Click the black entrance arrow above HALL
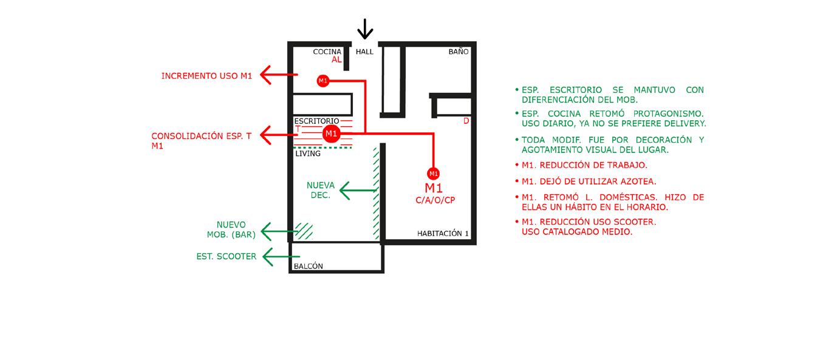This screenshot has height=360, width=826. pyautogui.click(x=364, y=29)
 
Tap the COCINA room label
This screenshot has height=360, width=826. pyautogui.click(x=327, y=52)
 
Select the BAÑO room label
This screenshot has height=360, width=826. pyautogui.click(x=459, y=52)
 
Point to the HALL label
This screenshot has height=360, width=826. pyautogui.click(x=364, y=52)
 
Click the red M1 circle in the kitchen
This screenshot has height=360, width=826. pyautogui.click(x=323, y=81)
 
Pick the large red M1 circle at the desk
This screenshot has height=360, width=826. pyautogui.click(x=331, y=133)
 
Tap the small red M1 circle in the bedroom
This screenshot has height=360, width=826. pyautogui.click(x=433, y=174)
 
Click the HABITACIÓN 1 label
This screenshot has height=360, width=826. pyautogui.click(x=443, y=234)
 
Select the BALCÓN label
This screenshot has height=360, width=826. pyautogui.click(x=309, y=266)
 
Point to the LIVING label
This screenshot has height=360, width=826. pyautogui.click(x=308, y=154)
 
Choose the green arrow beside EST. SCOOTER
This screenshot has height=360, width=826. pyautogui.click(x=281, y=257)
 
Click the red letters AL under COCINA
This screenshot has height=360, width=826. pyautogui.click(x=337, y=60)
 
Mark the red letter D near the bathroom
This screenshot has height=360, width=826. pyautogui.click(x=466, y=121)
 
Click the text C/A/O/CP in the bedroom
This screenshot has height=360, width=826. pyautogui.click(x=435, y=200)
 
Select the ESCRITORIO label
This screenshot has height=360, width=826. pyautogui.click(x=316, y=121)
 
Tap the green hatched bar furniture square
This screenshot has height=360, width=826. pyautogui.click(x=304, y=231)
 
